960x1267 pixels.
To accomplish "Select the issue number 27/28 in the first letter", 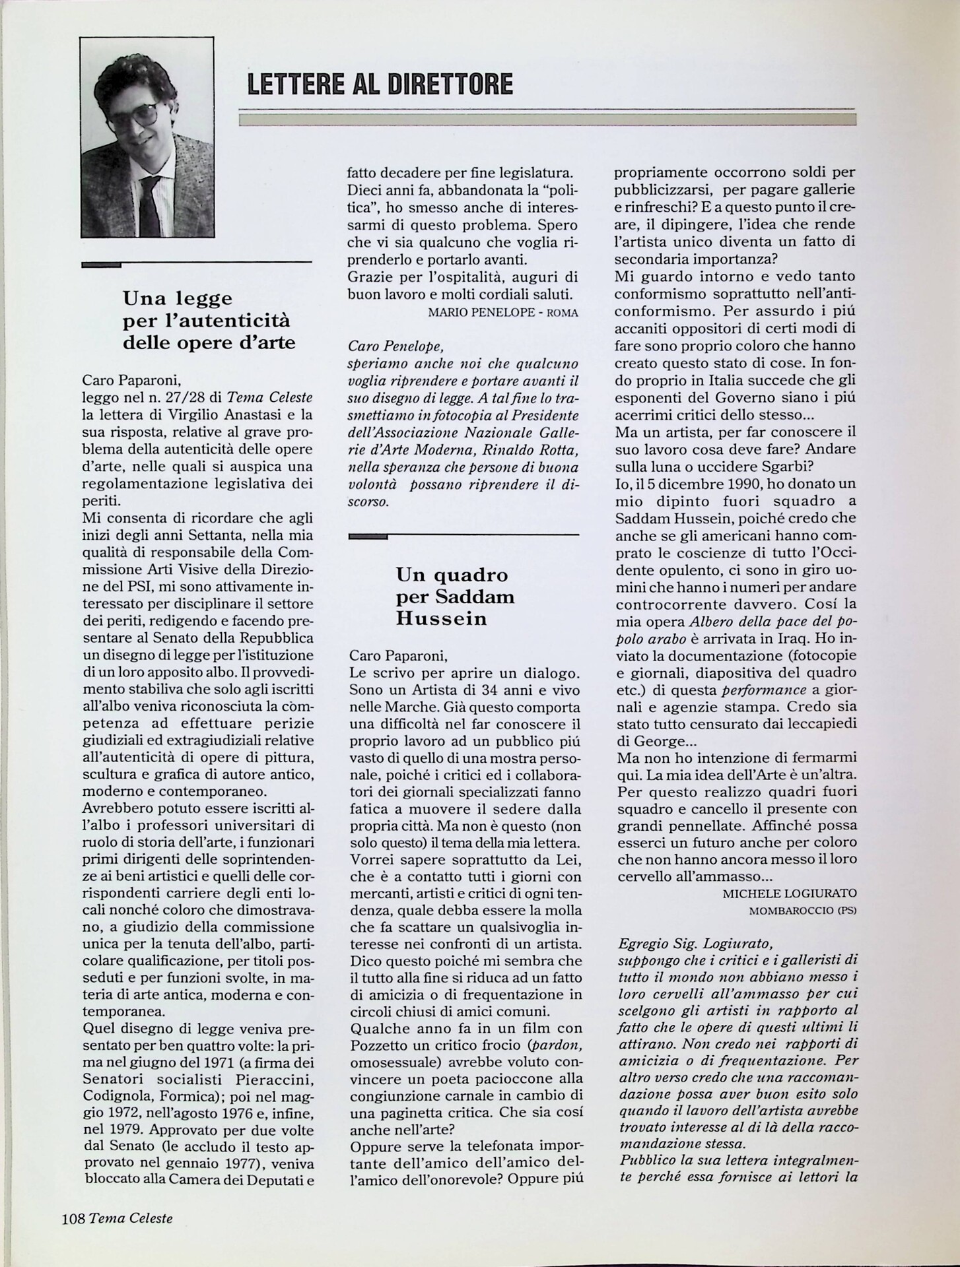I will tap(198, 397).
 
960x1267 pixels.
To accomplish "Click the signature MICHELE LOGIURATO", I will tap(789, 893).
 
